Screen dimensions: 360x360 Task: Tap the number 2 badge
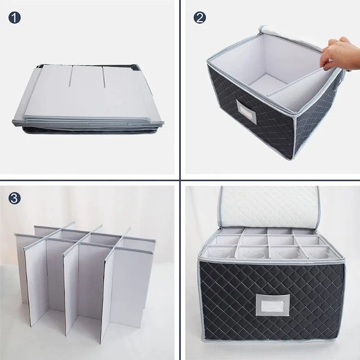(199, 17)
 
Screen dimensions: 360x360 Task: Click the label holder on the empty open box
(245, 112)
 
